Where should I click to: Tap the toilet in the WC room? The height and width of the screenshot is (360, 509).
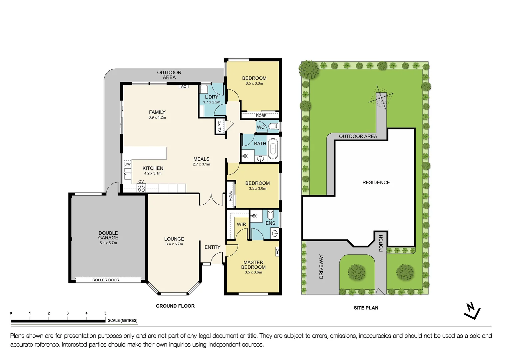274,126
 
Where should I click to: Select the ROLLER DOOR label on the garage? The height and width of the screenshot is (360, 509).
106,280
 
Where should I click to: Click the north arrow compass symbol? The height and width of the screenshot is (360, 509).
472,311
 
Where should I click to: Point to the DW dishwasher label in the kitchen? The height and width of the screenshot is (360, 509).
127,164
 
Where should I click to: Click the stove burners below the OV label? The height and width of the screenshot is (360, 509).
141,188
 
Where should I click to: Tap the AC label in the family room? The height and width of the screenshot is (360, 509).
184,87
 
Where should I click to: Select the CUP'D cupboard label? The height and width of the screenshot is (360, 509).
220,126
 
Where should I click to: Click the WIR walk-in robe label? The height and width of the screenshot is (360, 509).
241,224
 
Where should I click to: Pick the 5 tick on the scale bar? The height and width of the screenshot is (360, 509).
105,313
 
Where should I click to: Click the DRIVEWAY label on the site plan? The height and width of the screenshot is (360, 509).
321,266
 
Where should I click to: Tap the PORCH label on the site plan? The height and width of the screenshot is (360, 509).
381,243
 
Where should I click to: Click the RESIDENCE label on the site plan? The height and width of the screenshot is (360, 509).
376,182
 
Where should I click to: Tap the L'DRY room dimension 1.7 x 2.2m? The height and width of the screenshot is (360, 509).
212,102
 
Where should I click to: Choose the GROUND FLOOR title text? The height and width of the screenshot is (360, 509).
175,306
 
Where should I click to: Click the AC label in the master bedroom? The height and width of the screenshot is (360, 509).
277,251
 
